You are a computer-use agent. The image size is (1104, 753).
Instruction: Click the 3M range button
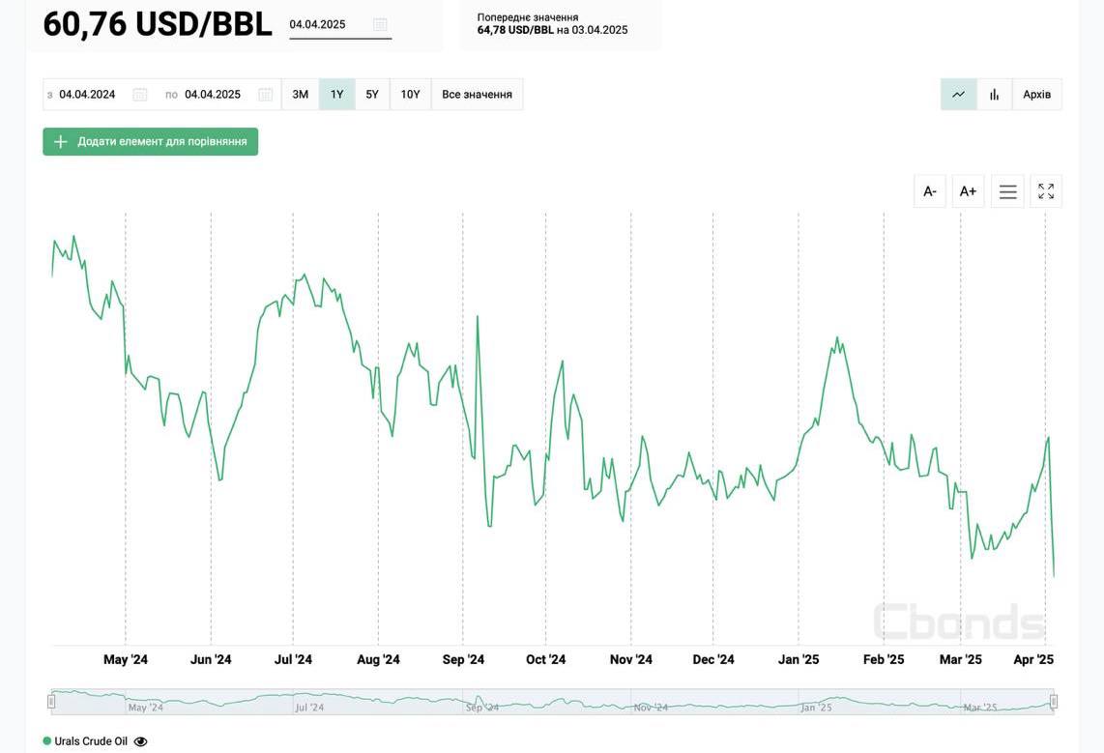[x=301, y=95]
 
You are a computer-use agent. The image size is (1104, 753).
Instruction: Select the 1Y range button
[x=336, y=95]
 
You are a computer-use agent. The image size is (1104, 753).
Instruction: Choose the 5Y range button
[x=372, y=95]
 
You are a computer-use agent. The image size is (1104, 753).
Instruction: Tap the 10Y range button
[x=411, y=95]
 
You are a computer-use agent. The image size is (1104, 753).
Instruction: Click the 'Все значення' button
[x=477, y=95]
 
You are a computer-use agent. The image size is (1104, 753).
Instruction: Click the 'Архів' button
[x=1036, y=95]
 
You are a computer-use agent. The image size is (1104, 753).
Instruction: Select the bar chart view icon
[x=994, y=95]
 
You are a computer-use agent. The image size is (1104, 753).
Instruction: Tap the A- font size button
[x=930, y=191]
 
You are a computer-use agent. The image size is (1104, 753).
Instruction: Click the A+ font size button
[x=968, y=191]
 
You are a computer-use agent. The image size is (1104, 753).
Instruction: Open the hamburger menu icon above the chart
[x=1007, y=191]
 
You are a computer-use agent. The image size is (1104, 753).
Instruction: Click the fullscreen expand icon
[x=1046, y=191]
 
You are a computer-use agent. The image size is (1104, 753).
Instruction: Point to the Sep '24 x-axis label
[x=463, y=660]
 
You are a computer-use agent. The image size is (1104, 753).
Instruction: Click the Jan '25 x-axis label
[x=799, y=660]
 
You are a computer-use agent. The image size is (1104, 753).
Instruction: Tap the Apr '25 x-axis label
[x=1033, y=660]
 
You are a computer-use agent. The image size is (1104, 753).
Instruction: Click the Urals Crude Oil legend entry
[x=90, y=741]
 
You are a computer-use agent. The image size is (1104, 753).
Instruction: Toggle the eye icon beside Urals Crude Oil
[x=141, y=741]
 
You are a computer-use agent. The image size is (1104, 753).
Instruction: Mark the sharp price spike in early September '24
[x=478, y=317]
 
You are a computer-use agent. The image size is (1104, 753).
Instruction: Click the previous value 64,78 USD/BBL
[x=515, y=30]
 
